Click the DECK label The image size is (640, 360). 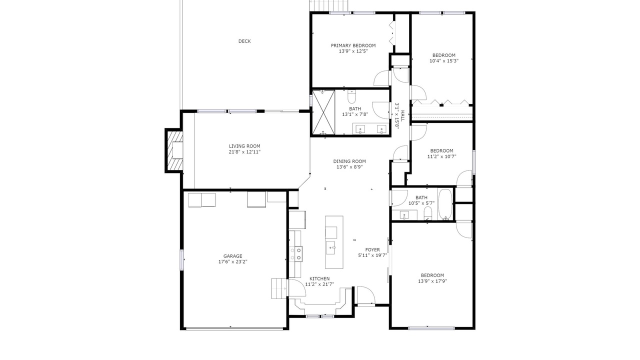pos(244,41)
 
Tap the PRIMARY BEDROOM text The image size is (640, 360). pos(353,45)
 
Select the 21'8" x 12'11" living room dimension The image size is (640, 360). pos(244,152)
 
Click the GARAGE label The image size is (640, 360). pos(232,256)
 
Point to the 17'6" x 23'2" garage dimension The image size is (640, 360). pos(232,261)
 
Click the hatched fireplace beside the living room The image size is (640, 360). pos(174,150)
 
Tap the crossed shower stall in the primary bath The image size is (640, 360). pos(323,112)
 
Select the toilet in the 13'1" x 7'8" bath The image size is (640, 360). pos(351,96)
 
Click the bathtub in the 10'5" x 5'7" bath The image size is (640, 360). pos(445,204)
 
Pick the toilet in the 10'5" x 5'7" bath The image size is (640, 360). pos(427,213)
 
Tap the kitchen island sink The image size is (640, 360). pos(331,247)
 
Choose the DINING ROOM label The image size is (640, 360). pos(349,161)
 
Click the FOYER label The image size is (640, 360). pos(372,249)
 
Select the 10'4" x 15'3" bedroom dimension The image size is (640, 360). pos(444,61)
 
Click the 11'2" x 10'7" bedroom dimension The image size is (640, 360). pos(441,156)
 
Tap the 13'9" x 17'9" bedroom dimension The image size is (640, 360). pos(432,281)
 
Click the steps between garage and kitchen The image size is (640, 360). pos(279,288)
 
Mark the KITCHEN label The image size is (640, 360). pos(319,278)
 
